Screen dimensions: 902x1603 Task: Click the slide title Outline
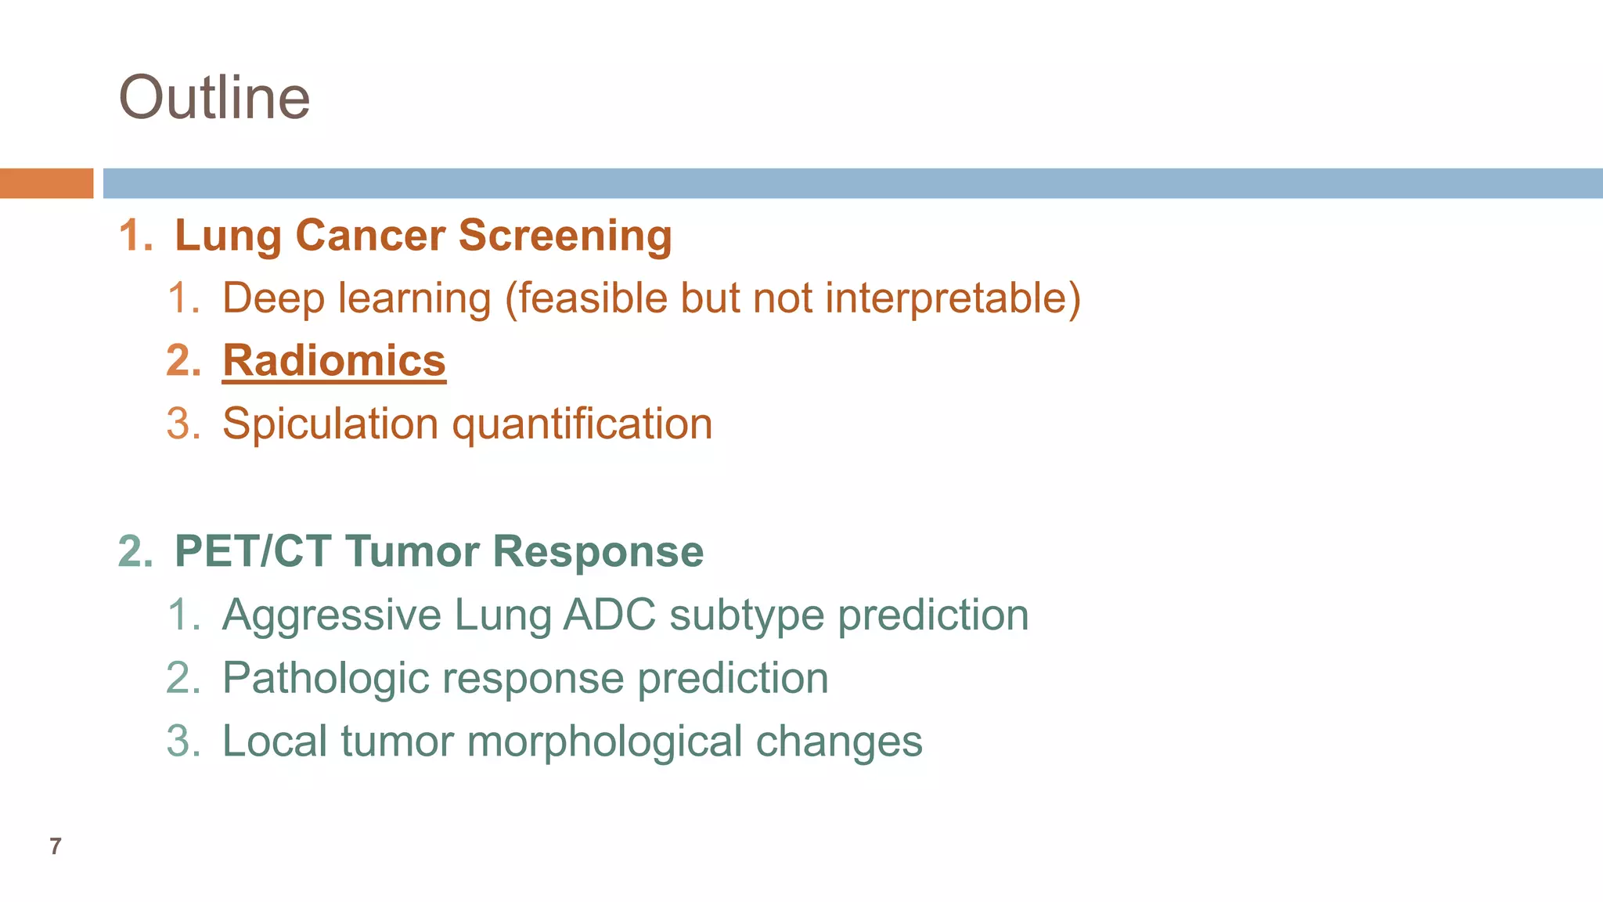pos(214,98)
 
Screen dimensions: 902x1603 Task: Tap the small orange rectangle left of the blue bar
pos(46,183)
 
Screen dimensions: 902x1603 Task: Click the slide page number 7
pos(55,846)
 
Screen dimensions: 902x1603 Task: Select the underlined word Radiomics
pos(334,361)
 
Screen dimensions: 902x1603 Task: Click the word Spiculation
pos(330,424)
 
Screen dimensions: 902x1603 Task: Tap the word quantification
pos(582,424)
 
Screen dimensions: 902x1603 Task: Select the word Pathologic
pos(326,678)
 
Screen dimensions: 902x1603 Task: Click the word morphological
pos(604,741)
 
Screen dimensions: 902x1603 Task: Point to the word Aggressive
pos(332,615)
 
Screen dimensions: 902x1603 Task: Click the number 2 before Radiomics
pos(182,361)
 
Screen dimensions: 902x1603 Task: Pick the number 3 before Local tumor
pos(182,741)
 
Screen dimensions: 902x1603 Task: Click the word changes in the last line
pos(838,741)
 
